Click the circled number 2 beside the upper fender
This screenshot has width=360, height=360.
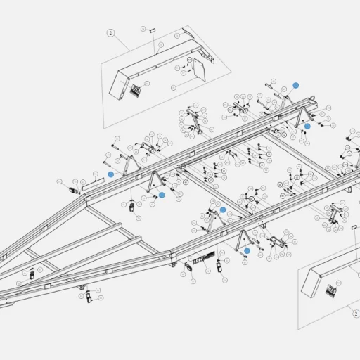110,33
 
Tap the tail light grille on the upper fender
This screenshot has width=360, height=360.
136,90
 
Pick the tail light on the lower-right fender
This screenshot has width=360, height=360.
331,288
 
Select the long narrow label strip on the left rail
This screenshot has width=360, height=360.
93,184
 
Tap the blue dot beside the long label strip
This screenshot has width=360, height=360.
110,174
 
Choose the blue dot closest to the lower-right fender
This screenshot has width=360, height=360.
247,250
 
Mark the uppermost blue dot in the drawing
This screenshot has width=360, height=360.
296,84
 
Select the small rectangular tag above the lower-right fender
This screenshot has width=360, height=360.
354,227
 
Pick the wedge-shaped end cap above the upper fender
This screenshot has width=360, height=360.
188,33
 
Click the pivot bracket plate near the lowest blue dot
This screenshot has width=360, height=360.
276,243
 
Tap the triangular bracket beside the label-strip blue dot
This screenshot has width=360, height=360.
129,166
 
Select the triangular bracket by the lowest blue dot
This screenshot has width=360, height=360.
241,238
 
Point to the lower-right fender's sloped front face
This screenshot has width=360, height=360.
309,281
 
